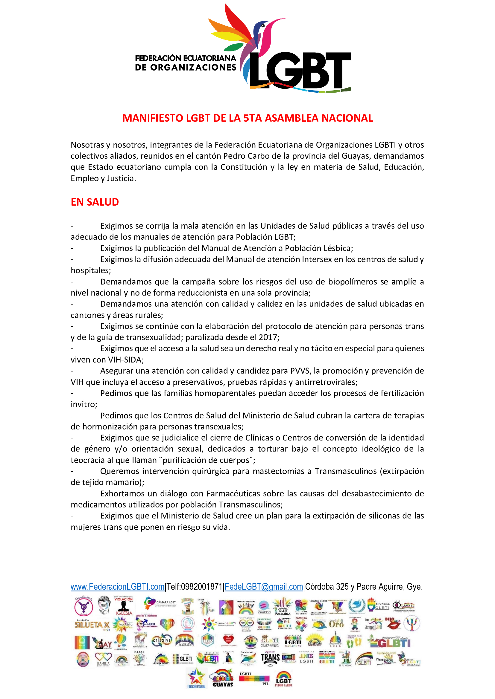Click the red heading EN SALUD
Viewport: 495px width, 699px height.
95,202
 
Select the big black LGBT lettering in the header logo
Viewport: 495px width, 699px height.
300,70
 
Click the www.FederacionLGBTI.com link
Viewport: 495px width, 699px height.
117,587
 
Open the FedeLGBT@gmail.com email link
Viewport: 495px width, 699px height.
264,587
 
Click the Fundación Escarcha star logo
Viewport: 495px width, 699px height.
196,678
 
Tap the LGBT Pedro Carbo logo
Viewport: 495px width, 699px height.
283,678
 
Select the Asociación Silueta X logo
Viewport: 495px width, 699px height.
92,624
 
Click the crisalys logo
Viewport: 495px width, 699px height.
162,641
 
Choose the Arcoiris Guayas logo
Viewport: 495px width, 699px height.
223,678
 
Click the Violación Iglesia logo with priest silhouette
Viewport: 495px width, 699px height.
123,606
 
